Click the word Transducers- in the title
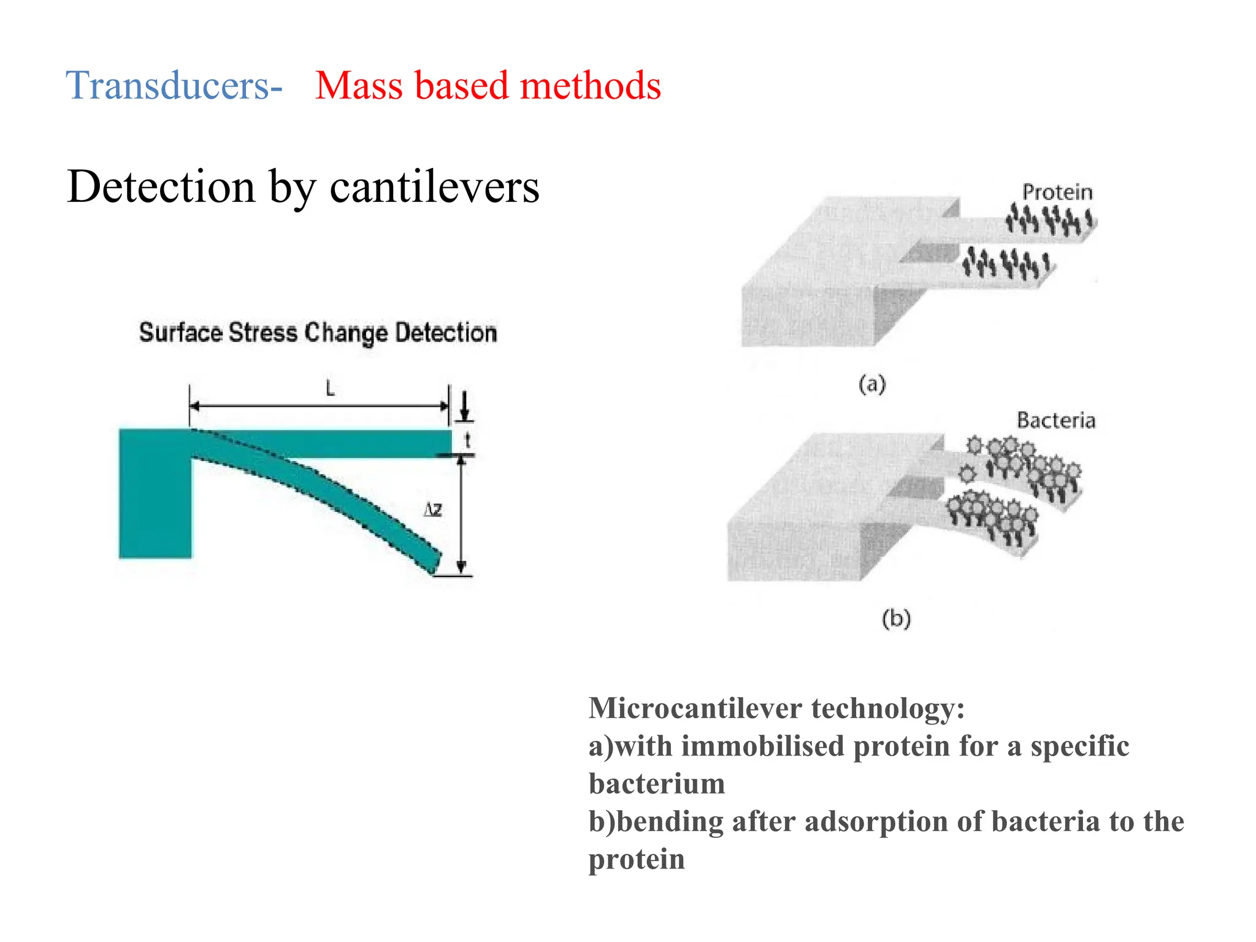(x=174, y=85)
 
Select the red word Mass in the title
(x=359, y=85)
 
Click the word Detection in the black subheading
(x=161, y=186)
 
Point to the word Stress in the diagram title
(x=263, y=332)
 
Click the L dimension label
(x=330, y=388)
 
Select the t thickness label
(x=467, y=440)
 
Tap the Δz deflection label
(x=433, y=510)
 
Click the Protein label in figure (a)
(x=1057, y=193)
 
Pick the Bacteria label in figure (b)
(x=1055, y=420)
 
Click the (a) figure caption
(x=872, y=385)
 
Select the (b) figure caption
(x=896, y=618)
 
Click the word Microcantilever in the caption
(x=695, y=708)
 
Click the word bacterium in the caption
(x=657, y=784)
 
